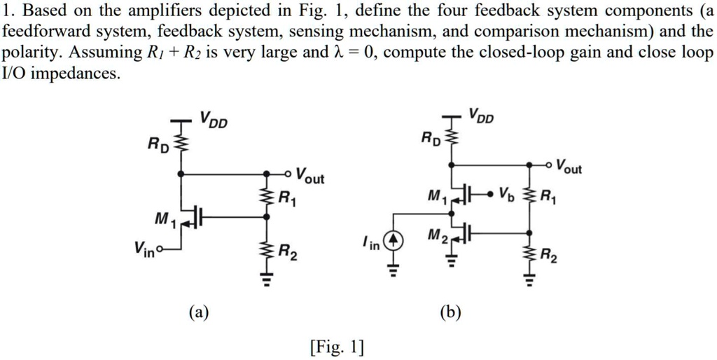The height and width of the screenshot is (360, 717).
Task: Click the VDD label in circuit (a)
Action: click(214, 121)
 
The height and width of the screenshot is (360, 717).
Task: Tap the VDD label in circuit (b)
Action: click(481, 116)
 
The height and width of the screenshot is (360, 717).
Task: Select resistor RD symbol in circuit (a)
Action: click(182, 145)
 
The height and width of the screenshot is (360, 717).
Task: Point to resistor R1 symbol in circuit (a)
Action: click(265, 198)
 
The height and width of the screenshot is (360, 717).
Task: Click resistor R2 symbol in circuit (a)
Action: click(265, 251)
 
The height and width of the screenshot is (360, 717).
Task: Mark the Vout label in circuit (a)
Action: click(309, 176)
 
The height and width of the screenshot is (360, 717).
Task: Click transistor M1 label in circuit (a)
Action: click(162, 222)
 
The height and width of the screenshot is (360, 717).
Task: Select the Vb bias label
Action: click(508, 193)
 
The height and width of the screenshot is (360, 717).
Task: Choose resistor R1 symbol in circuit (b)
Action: click(529, 195)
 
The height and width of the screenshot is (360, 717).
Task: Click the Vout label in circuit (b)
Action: click(567, 167)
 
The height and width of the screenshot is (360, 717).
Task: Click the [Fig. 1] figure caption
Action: click(335, 346)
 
